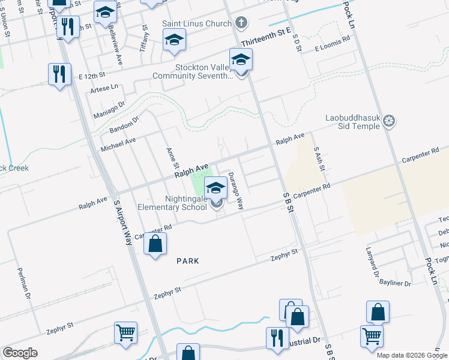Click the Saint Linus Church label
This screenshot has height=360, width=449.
coord(196,24)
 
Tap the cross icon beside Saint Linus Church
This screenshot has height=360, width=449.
coord(241,24)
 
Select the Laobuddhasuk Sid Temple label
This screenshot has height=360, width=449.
coord(352,122)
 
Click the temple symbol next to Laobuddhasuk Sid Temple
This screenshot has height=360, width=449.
coord(390,122)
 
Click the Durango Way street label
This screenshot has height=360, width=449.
coord(235,191)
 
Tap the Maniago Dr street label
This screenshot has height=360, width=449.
coord(108,107)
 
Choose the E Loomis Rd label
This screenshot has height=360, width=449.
coord(332,45)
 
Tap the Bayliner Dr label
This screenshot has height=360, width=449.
coord(396,283)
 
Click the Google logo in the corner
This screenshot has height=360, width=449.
coord(20,353)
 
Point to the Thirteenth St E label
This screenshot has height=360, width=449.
coord(266,36)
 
